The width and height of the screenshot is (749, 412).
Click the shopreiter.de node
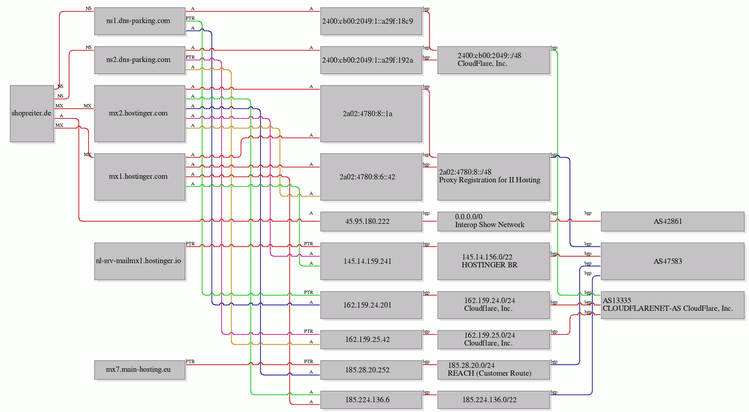(x=32, y=114)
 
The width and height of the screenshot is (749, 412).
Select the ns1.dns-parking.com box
(x=139, y=21)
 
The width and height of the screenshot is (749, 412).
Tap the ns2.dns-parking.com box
(x=139, y=60)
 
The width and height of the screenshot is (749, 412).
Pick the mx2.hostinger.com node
(x=139, y=114)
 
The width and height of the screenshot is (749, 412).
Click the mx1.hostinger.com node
(x=139, y=176)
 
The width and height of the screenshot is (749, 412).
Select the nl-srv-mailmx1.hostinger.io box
(x=139, y=261)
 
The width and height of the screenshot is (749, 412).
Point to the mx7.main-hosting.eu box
(x=139, y=369)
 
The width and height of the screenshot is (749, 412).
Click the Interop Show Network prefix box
(x=493, y=221)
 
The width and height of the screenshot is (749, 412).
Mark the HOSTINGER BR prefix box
(x=493, y=261)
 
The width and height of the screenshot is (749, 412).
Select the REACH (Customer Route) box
(x=493, y=369)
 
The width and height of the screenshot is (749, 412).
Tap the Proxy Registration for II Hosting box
(x=493, y=176)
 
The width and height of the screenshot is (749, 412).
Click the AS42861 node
(x=672, y=221)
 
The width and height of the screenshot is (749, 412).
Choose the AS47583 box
(x=672, y=261)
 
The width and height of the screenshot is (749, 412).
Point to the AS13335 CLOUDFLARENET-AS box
(x=672, y=305)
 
